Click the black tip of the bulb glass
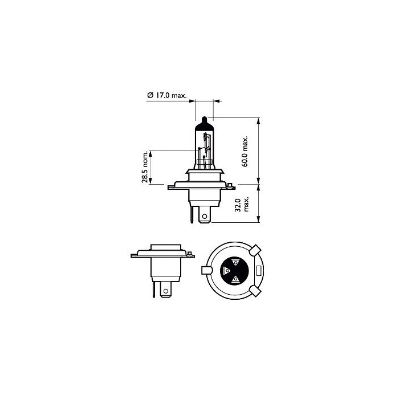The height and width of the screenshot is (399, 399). (205, 121)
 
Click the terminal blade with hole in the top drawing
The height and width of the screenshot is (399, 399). (205, 215)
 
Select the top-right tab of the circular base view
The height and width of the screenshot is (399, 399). (255, 250)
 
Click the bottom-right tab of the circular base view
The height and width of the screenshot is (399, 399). (255, 290)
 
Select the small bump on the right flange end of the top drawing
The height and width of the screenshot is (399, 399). (230, 184)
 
